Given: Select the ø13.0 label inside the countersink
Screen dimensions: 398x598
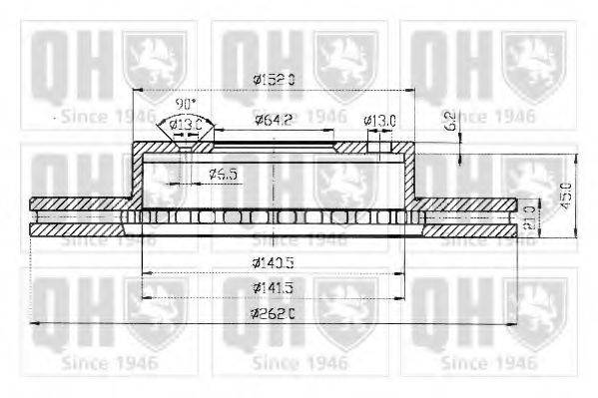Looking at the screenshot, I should coord(186,124).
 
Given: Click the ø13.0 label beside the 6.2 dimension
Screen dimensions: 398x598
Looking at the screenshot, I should coord(380,122).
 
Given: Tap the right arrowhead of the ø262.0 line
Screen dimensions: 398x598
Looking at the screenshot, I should coord(518,325).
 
